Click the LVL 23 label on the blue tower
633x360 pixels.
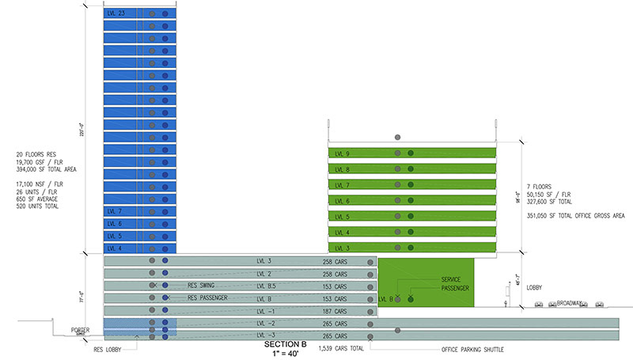tap(116, 14)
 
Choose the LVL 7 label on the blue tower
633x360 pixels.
tap(116, 211)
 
